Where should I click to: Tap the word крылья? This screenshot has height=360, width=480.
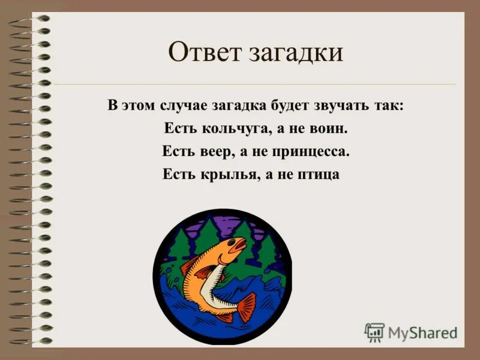(222, 175)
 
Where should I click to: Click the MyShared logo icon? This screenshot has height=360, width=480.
(374, 332)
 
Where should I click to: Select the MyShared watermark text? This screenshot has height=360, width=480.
(422, 332)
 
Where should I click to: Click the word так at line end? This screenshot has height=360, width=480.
(391, 106)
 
